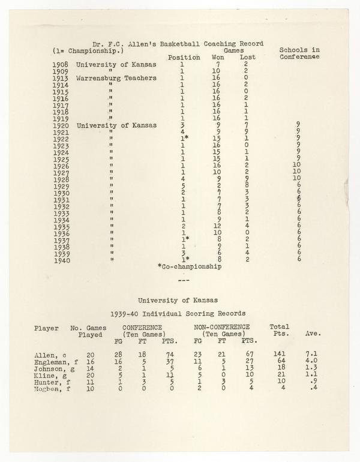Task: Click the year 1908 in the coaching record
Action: pyautogui.click(x=61, y=64)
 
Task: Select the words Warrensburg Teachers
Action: pyautogui.click(x=116, y=78)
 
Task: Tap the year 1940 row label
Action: pyautogui.click(x=61, y=260)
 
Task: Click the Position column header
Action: pyautogui.click(x=184, y=58)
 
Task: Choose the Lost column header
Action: pyautogui.click(x=247, y=58)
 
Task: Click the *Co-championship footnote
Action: pyautogui.click(x=189, y=266)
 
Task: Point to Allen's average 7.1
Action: pyautogui.click(x=312, y=355)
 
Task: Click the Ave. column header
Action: pyautogui.click(x=313, y=334)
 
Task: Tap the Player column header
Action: pyautogui.click(x=47, y=328)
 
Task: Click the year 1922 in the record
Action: pyautogui.click(x=61, y=139)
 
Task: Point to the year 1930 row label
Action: pyautogui.click(x=61, y=193)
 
